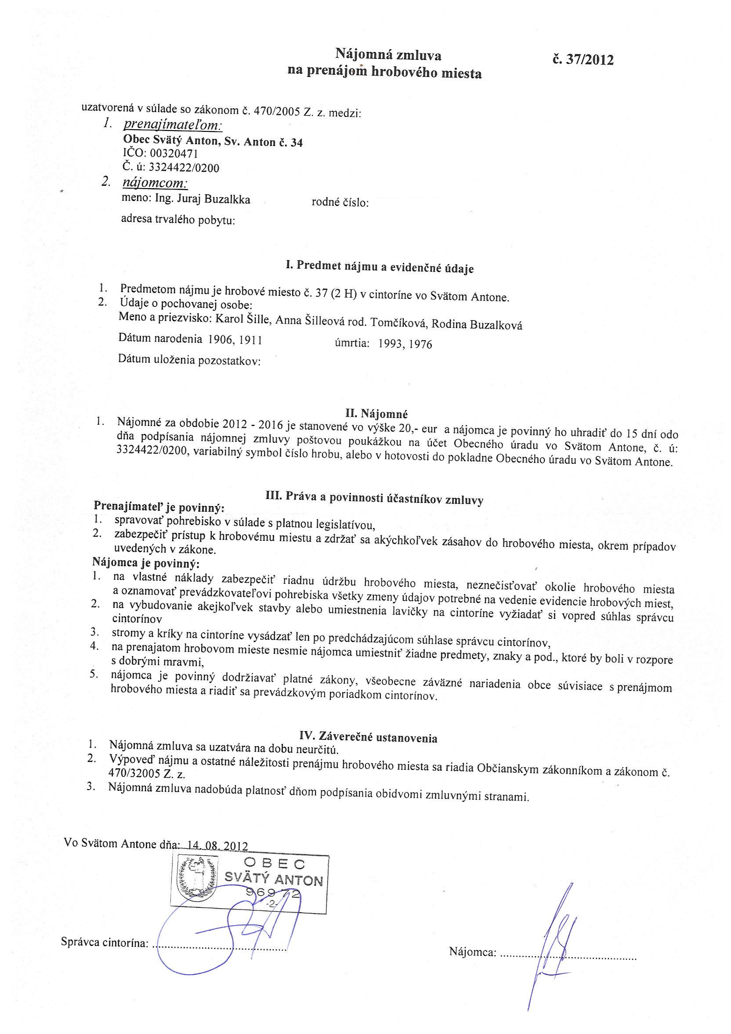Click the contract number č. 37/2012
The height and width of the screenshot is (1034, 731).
pyautogui.click(x=583, y=60)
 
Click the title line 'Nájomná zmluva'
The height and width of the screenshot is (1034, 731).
pyautogui.click(x=388, y=55)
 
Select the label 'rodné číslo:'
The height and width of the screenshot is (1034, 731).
pyautogui.click(x=340, y=203)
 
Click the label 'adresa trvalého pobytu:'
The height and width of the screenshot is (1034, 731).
pyautogui.click(x=179, y=220)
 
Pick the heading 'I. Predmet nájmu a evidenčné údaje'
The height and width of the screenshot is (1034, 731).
pyautogui.click(x=380, y=267)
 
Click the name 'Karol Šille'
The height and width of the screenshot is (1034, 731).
pyautogui.click(x=243, y=318)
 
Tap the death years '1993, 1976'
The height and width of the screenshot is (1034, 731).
pyautogui.click(x=405, y=345)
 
